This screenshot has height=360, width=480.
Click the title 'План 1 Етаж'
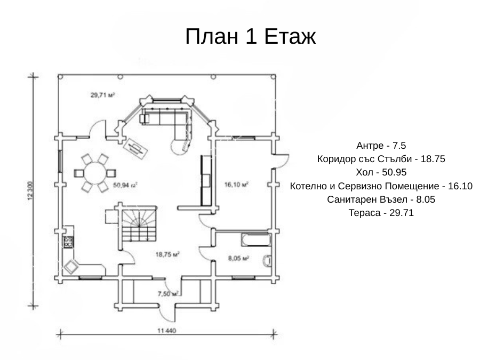click(x=250, y=36)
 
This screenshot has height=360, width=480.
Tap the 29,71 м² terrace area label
click(x=102, y=95)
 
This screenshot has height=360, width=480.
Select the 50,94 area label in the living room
click(x=125, y=185)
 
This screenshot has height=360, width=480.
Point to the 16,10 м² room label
click(x=236, y=185)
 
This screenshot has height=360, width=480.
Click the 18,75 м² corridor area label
click(x=167, y=254)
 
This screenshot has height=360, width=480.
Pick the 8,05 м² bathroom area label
click(x=238, y=258)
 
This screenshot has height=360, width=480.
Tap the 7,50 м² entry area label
click(x=168, y=294)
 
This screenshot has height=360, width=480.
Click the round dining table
click(x=95, y=173)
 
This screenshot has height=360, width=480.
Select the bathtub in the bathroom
click(x=256, y=240)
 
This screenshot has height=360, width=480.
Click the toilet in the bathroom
click(x=267, y=261)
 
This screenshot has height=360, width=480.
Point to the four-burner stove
click(x=68, y=242)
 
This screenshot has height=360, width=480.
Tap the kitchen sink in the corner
click(x=71, y=267)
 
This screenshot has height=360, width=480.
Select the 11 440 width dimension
click(x=166, y=331)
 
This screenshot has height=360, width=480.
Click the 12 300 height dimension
click(x=30, y=191)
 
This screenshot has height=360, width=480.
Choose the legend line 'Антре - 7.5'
click(x=381, y=146)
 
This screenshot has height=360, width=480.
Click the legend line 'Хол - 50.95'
click(x=381, y=172)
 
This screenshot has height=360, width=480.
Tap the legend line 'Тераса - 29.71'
click(x=381, y=213)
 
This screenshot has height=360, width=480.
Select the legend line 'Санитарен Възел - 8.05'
click(x=381, y=199)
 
